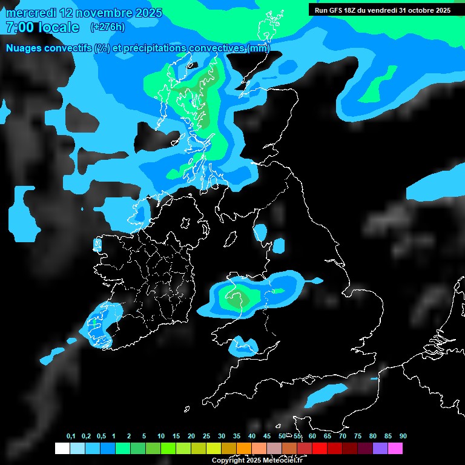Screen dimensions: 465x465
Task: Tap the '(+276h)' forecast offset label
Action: (x=107, y=27)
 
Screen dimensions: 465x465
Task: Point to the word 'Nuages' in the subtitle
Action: (x=25, y=48)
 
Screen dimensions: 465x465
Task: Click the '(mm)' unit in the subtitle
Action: (x=259, y=48)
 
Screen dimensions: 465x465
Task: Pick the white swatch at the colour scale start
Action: (x=62, y=449)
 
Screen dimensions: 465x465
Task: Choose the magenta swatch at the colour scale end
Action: (x=395, y=449)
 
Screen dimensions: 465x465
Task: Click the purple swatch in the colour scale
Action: (x=380, y=449)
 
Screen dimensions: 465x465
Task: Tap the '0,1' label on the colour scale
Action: (x=71, y=437)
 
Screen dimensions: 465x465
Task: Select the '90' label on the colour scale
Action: (x=403, y=437)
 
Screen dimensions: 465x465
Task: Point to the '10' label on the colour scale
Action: (x=161, y=437)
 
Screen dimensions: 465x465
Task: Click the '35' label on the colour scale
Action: (x=237, y=437)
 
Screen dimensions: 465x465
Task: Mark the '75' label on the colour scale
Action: (x=358, y=437)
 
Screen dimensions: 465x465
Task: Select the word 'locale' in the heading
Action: (x=60, y=27)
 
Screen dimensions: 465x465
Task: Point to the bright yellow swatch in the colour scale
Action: (x=214, y=449)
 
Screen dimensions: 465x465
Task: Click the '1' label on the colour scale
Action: (x=113, y=437)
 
